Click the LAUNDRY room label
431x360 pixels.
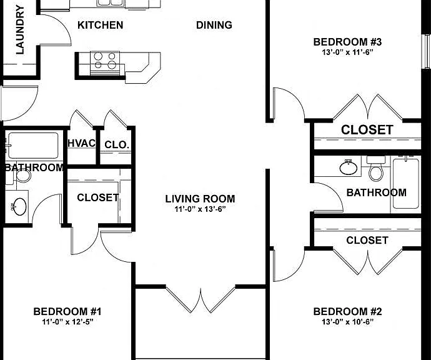point(20,30)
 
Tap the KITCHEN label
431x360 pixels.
point(101,25)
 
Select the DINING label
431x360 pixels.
point(214,25)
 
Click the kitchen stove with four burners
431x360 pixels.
point(105,63)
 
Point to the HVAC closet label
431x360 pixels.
point(82,143)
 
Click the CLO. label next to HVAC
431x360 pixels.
point(117,144)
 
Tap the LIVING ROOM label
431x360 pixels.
point(200,199)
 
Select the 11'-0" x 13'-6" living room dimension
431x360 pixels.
point(200,209)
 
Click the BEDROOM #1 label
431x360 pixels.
point(67,312)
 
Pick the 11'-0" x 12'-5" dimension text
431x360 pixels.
point(67,322)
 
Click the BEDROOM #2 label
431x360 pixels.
point(348,312)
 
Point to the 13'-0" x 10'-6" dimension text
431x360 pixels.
point(348,322)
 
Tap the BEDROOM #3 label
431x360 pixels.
point(348,42)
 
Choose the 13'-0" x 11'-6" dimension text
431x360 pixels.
point(348,52)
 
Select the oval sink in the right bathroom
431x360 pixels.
point(349,167)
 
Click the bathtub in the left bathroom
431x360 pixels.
point(33,146)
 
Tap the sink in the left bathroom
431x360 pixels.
point(19,207)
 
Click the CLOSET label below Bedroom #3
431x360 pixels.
point(367,130)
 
